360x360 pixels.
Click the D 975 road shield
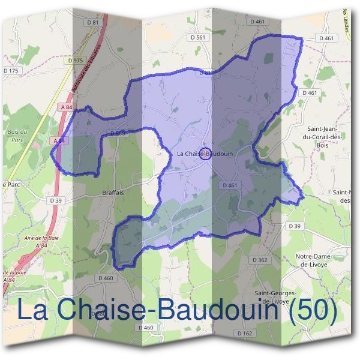pos(75,61)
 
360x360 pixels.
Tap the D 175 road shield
pos(11,71)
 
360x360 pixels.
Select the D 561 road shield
pos(197,37)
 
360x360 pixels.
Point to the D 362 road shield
pos(260,260)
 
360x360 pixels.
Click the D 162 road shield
pos(244,332)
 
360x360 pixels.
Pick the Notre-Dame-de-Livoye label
pos(314,260)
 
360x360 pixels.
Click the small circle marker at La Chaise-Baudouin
pos(205,154)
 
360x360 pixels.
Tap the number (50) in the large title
pos(311,310)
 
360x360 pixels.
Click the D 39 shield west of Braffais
pos(56,200)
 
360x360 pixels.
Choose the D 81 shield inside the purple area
pos(205,73)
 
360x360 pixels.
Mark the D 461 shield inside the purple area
pos(230,185)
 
